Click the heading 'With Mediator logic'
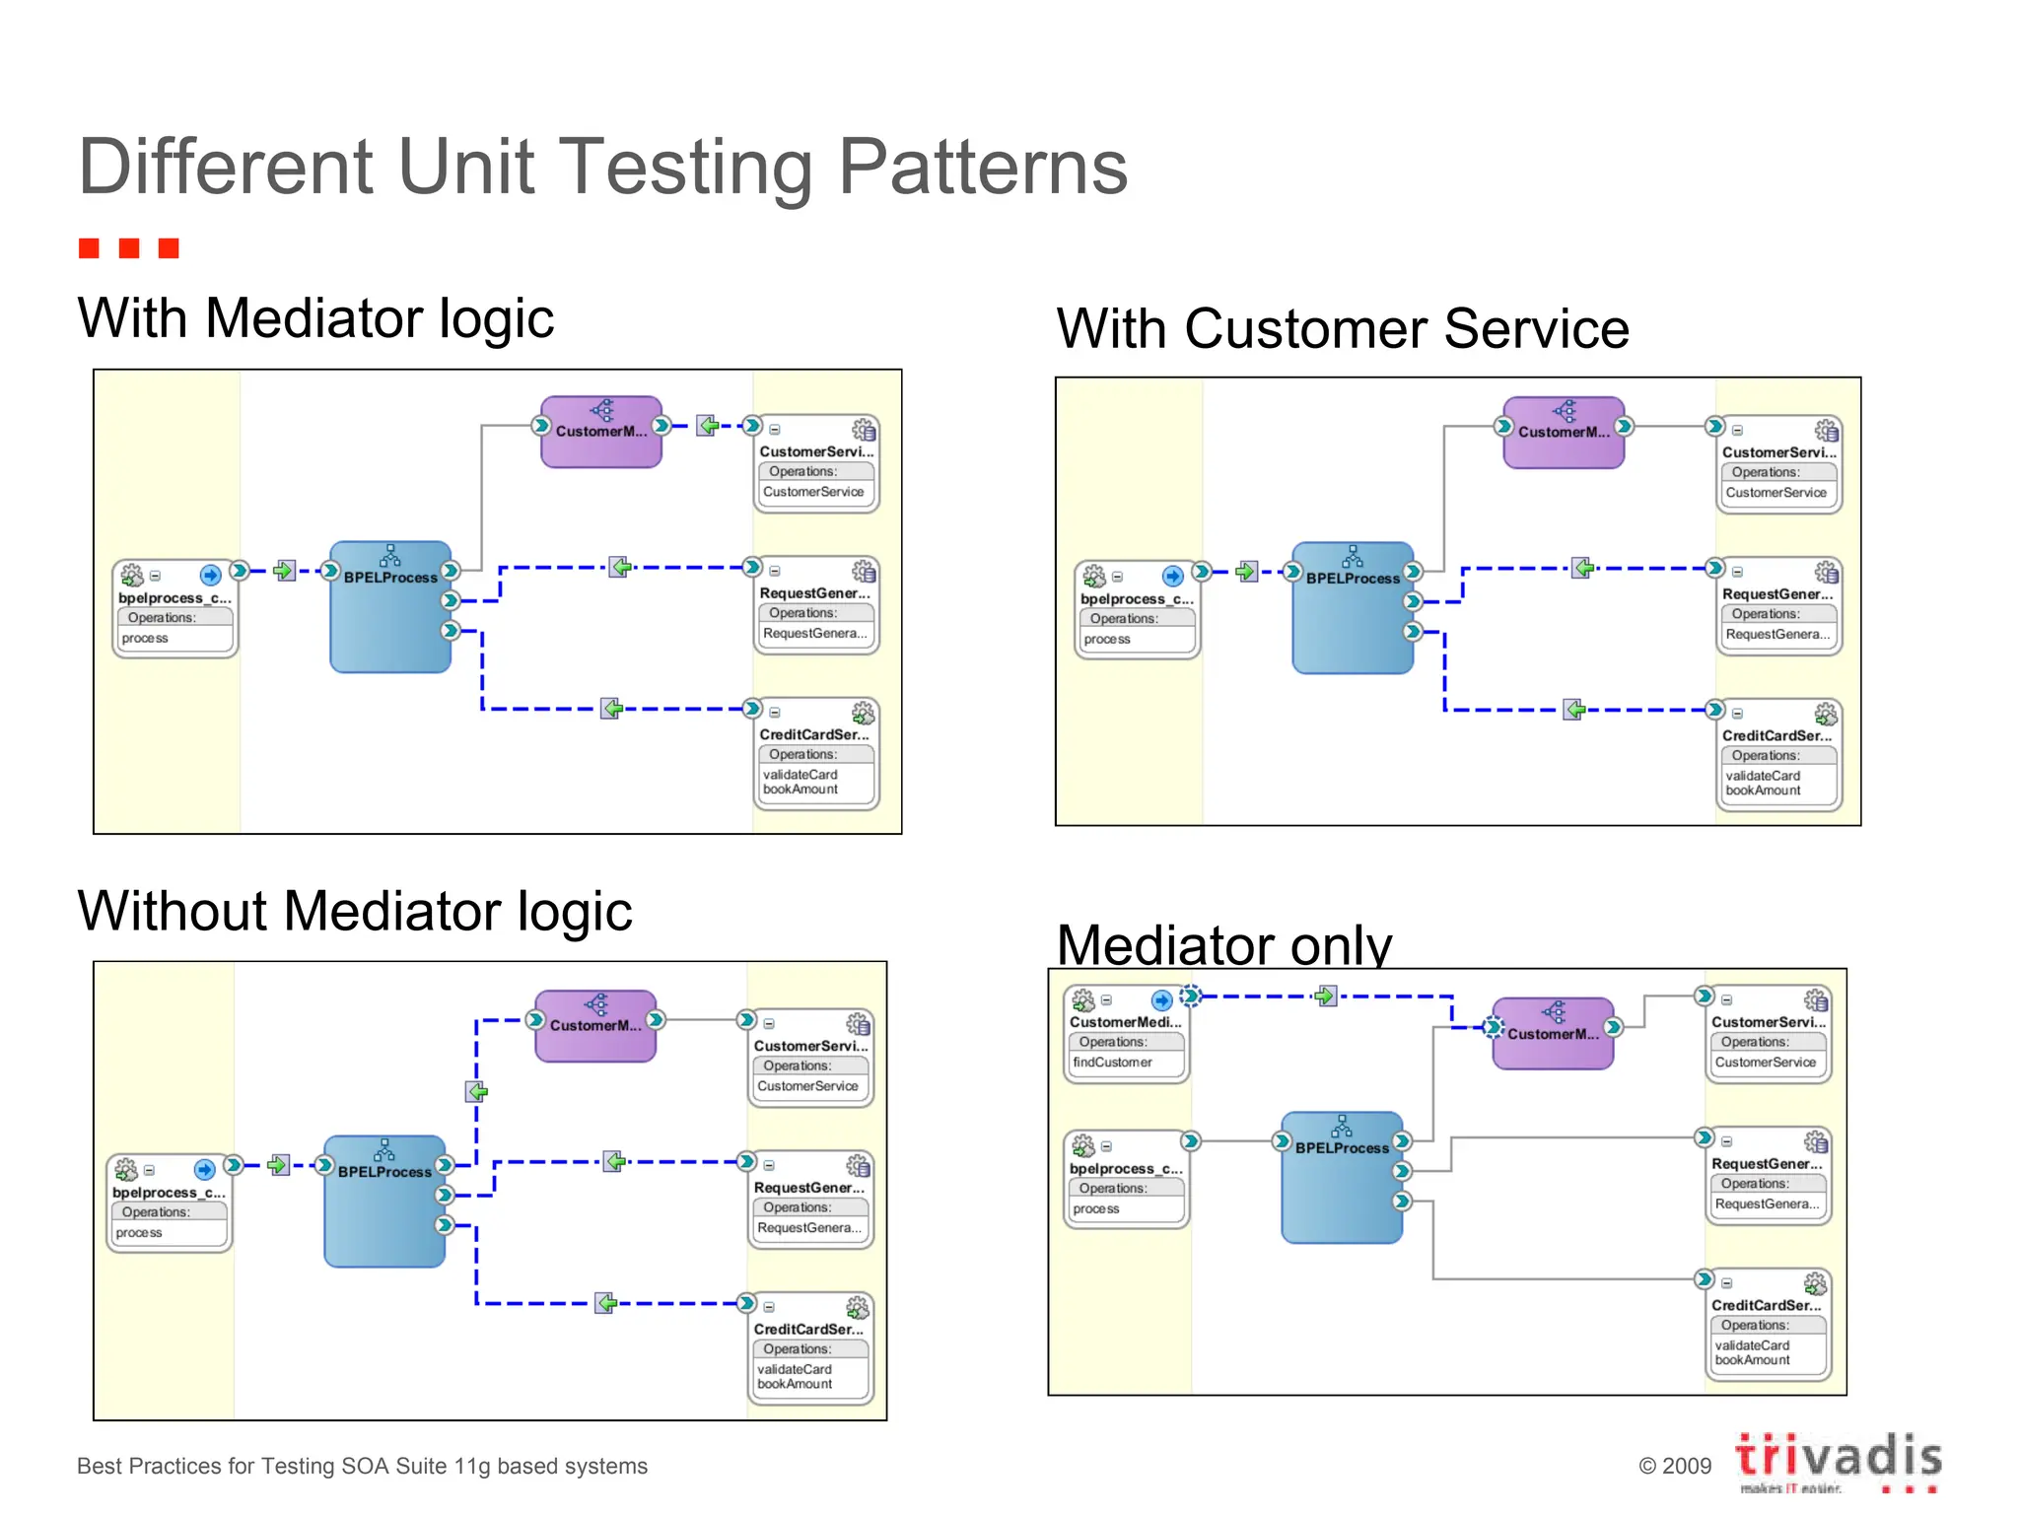click(315, 318)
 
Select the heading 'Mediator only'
click(1223, 943)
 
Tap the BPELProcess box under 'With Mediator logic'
click(390, 607)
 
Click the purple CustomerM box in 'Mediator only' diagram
click(1553, 1033)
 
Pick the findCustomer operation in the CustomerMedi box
click(1112, 1062)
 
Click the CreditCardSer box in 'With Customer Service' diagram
click(1778, 755)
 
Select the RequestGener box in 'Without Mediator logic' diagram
click(810, 1200)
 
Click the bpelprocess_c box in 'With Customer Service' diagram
click(1137, 609)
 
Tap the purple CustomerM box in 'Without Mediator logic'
click(595, 1026)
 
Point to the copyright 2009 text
click(1674, 1466)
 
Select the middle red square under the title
click(128, 247)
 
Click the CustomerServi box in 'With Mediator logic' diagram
click(816, 464)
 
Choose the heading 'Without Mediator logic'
click(355, 910)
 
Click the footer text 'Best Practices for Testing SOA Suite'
click(362, 1466)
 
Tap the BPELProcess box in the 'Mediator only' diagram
click(1342, 1178)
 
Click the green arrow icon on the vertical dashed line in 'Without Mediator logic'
click(477, 1091)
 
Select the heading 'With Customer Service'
click(1343, 328)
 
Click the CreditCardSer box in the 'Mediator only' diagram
click(1768, 1325)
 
